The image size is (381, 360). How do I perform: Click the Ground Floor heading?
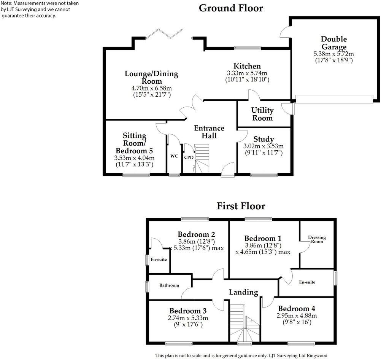(231, 8)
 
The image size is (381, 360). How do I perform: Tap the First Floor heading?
(241, 206)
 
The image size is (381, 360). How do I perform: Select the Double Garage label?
(333, 43)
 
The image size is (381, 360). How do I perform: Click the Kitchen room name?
(247, 66)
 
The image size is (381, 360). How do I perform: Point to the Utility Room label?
(262, 114)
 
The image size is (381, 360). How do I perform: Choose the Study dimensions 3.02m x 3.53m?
(263, 146)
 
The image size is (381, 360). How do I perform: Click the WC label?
(174, 156)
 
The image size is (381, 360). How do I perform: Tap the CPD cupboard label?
(188, 157)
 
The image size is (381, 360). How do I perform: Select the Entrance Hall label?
(209, 132)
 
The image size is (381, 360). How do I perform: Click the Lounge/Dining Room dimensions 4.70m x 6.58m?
(146, 88)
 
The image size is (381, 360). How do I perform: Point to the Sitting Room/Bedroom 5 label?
(135, 143)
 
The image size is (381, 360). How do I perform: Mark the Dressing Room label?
(317, 239)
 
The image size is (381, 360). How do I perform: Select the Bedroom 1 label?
(263, 238)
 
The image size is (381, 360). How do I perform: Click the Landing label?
(243, 292)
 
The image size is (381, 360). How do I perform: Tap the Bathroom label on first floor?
(169, 285)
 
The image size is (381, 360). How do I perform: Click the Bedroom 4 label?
(296, 309)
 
